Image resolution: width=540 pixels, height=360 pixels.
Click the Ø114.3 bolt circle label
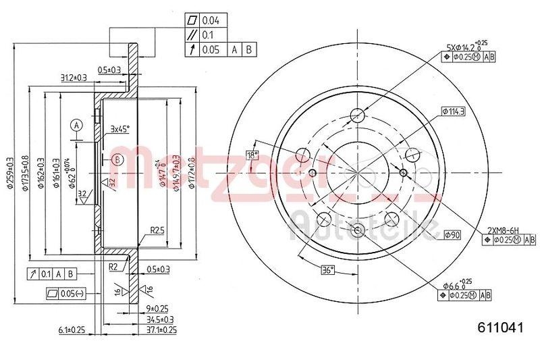pos(453,110)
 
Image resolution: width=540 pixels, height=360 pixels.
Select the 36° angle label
pos(327,271)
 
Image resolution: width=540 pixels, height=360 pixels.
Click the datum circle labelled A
pos(78,126)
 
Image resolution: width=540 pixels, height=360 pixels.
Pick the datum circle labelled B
pos(117,159)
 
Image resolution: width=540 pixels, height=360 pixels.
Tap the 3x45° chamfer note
pos(120,128)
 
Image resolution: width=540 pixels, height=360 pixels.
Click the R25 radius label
pos(158,230)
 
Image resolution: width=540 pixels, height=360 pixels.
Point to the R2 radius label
pos(113,267)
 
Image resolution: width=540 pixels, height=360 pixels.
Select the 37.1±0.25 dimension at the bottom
pos(161,330)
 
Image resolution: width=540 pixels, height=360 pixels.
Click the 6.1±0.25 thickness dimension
pos(72,330)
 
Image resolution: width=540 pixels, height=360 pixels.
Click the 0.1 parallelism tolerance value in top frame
pos(209,35)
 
